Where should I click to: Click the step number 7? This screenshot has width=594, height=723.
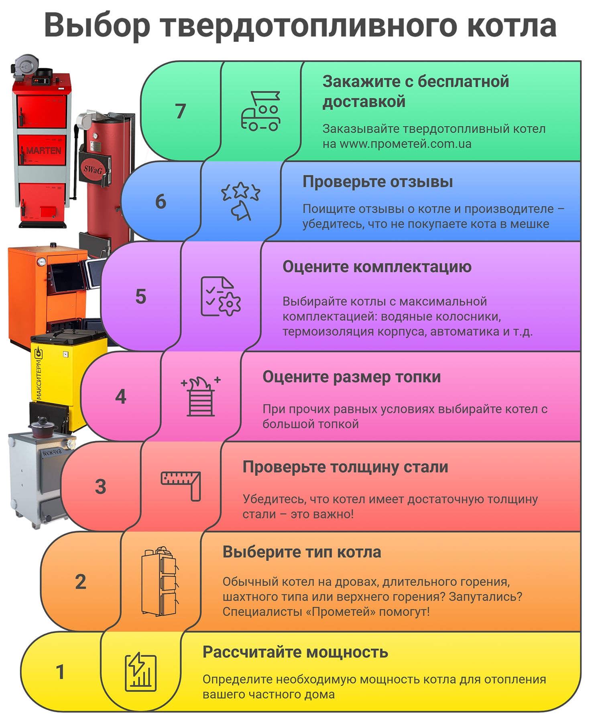click(x=181, y=111)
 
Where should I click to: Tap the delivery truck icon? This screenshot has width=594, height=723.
click(x=260, y=111)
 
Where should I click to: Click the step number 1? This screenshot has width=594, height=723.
click(x=60, y=672)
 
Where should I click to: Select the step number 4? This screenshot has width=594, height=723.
click(x=121, y=397)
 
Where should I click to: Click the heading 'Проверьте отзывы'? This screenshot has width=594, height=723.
click(x=378, y=182)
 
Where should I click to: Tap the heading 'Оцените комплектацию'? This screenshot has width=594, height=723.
click(x=377, y=267)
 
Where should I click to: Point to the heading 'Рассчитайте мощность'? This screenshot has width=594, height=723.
click(x=295, y=652)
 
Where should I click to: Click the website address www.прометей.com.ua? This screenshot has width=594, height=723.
click(x=405, y=144)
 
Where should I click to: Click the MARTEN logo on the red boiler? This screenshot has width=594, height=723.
click(x=43, y=151)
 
